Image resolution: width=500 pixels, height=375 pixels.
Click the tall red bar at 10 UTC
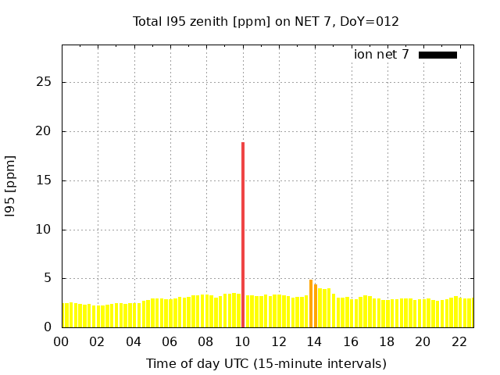pos(243,234)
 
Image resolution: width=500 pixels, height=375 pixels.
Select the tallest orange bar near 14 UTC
pos(311,304)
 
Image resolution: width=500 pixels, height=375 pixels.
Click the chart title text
pos(266,22)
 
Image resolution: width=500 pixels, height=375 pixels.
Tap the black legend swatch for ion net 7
pos(437,55)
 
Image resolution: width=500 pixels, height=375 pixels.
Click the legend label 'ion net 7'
pos(381,55)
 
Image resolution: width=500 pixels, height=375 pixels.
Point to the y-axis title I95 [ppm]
pos(11,186)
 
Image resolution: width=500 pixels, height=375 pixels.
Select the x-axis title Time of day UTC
pos(266,363)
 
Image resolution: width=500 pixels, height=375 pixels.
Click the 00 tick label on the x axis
pos(62,341)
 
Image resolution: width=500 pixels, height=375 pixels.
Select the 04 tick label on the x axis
pos(134,341)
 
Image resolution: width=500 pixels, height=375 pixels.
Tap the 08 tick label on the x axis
pos(206,341)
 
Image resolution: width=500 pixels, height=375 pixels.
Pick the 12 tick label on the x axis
pos(278,341)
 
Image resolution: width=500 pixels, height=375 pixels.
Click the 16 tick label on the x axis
pos(351,341)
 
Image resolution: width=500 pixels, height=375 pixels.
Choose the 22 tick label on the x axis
pos(459,341)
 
